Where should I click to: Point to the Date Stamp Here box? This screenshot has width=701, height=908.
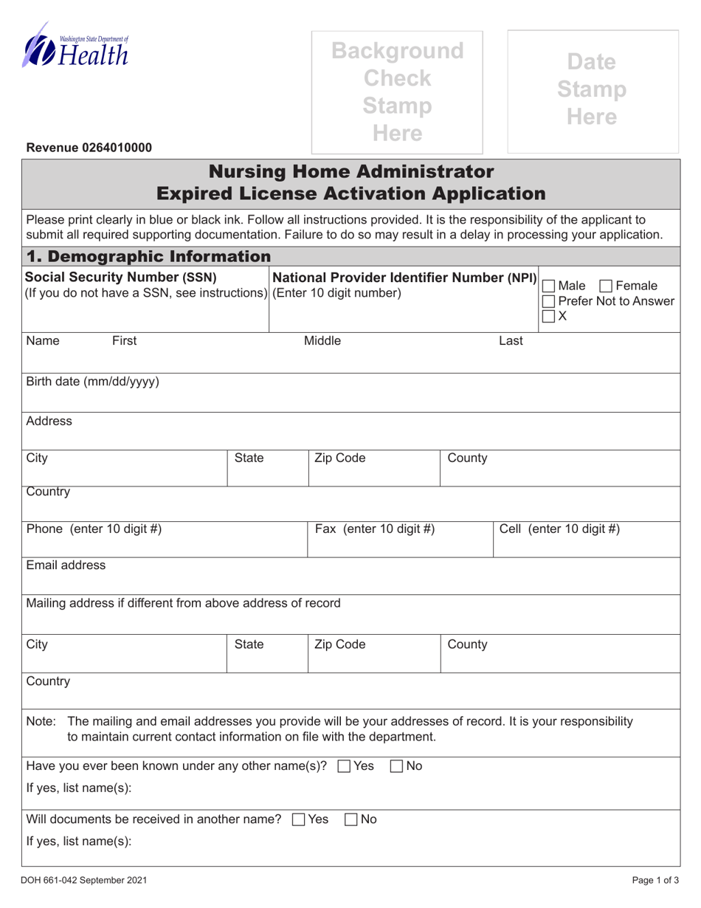click(x=593, y=90)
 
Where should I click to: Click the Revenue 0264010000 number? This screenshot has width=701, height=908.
click(x=89, y=148)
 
